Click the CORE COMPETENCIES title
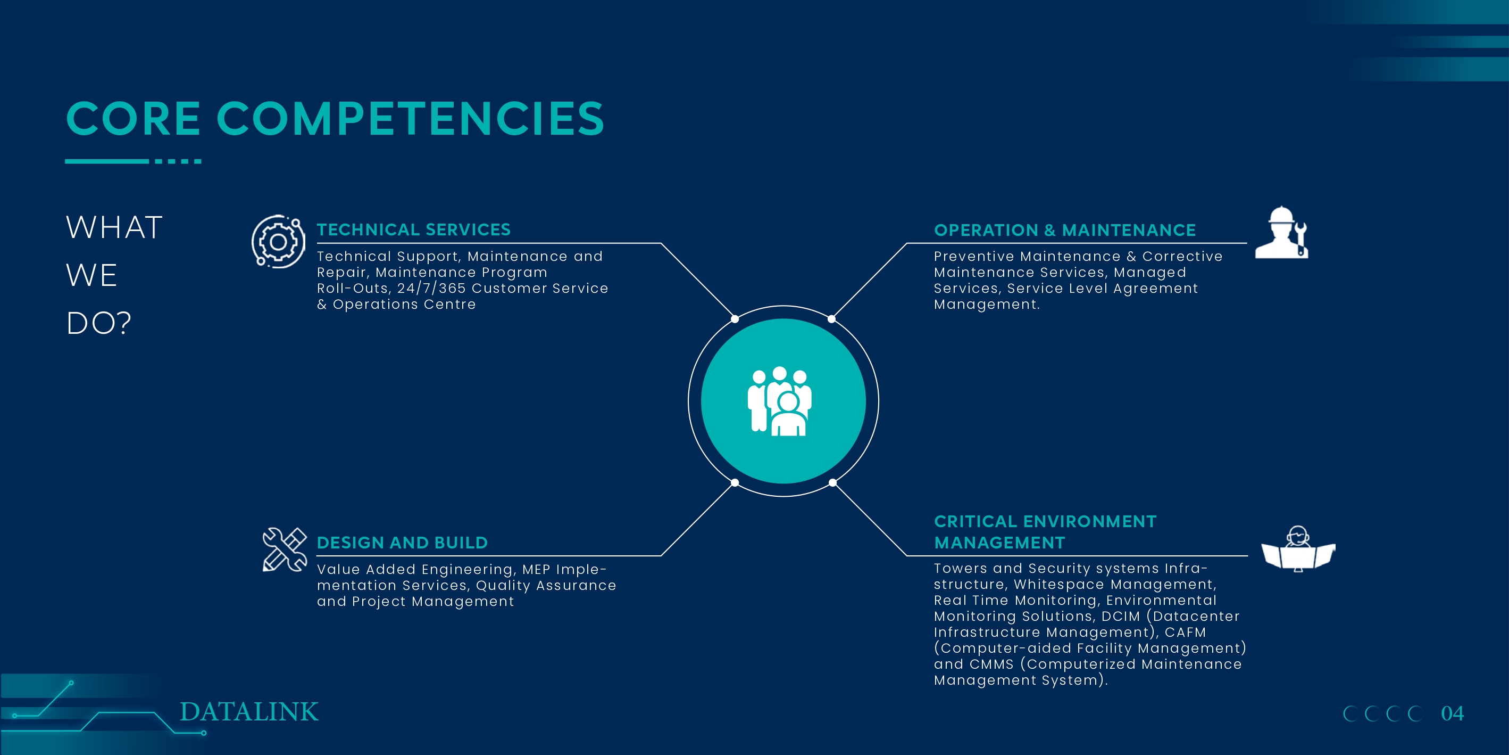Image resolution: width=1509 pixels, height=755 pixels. [335, 118]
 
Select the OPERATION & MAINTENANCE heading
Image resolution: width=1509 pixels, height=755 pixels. [1064, 230]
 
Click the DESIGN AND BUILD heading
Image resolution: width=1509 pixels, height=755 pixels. [402, 543]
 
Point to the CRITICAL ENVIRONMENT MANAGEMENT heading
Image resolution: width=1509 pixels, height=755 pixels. [1045, 532]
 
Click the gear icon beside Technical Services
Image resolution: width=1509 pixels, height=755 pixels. [278, 242]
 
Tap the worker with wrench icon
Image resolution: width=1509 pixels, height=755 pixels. [1281, 233]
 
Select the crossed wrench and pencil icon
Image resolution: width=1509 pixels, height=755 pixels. [285, 549]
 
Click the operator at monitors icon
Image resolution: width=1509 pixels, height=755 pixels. [1298, 549]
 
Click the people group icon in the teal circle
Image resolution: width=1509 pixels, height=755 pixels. [780, 401]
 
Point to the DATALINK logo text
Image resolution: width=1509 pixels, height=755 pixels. [249, 712]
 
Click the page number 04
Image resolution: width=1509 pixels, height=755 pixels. [1452, 713]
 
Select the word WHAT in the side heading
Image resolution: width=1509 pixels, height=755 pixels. [114, 227]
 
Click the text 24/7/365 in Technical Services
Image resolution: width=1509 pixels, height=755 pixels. [431, 289]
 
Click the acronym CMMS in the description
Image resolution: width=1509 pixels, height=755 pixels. [991, 664]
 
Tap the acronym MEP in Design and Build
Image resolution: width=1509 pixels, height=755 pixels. [536, 570]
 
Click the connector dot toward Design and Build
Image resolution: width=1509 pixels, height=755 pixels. [735, 483]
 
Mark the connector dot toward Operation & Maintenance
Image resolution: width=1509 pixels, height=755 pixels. [832, 319]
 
